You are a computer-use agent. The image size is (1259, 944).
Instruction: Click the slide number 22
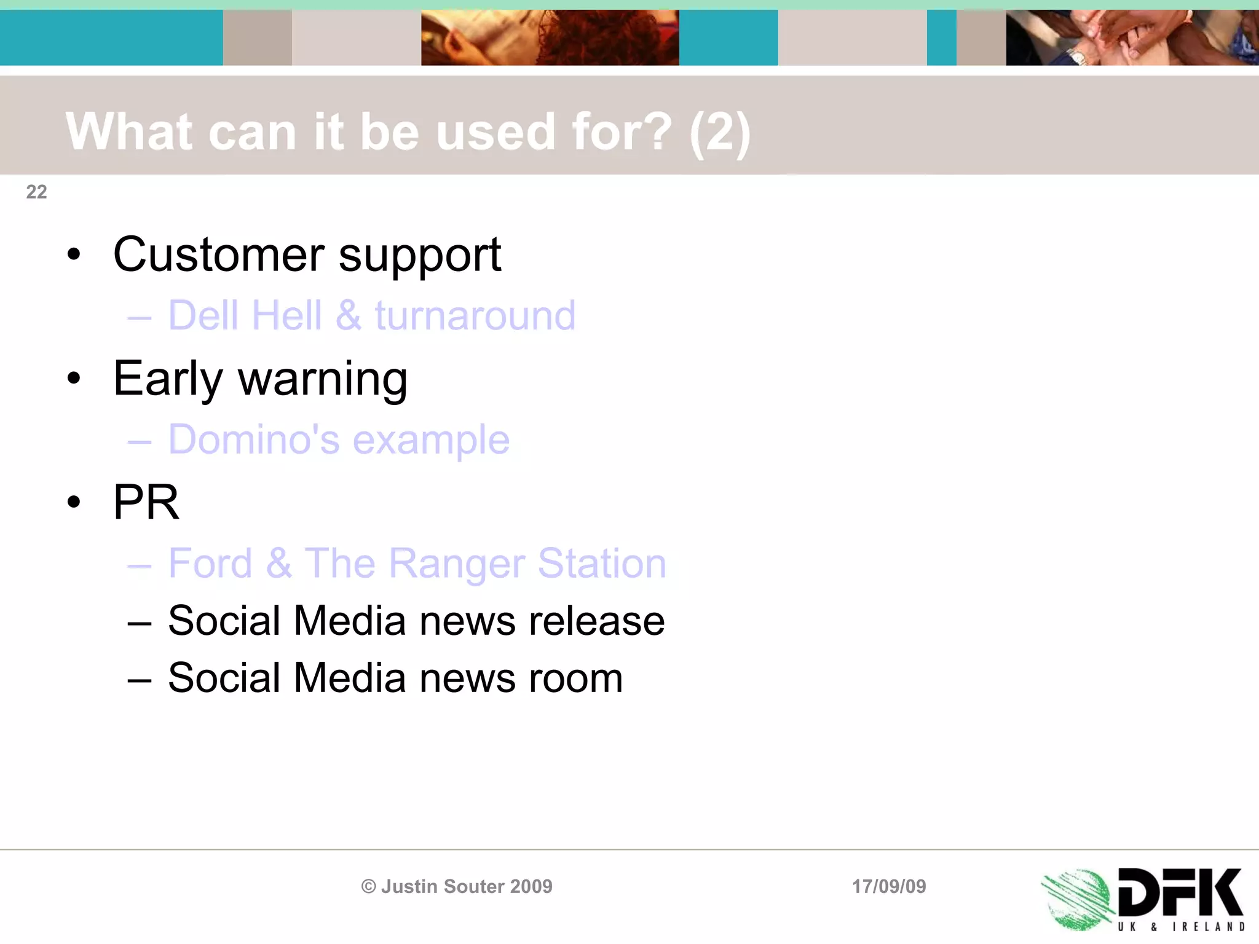36,192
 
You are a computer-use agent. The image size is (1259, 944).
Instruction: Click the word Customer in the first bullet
219,254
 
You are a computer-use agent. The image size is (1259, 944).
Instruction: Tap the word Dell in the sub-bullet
203,315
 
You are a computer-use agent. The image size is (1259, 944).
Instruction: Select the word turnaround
475,315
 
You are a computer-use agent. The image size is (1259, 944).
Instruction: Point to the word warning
323,379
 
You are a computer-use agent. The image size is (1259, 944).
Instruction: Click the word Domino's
254,439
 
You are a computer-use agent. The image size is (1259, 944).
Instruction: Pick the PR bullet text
146,502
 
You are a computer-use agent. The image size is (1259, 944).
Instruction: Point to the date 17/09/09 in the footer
889,886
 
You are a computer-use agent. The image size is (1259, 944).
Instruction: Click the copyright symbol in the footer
368,886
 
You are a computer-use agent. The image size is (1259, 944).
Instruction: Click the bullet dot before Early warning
74,379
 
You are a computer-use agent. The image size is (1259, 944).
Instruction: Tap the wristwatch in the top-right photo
1078,57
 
